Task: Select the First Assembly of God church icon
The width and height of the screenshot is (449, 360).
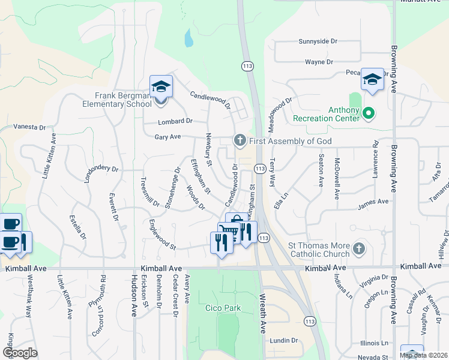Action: coord(240,141)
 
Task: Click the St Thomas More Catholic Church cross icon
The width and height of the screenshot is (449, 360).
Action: coord(358,248)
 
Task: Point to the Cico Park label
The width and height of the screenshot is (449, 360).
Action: coord(223,308)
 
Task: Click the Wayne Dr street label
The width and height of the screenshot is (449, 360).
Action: coord(319,62)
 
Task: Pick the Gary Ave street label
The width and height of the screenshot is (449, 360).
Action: coord(167,137)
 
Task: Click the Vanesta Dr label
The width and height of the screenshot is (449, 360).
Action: coord(29,127)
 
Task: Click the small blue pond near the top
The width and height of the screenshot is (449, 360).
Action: coord(189,39)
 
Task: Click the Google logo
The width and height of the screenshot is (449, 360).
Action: coord(20,353)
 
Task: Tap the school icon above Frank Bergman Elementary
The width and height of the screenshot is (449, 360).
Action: coord(161,86)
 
